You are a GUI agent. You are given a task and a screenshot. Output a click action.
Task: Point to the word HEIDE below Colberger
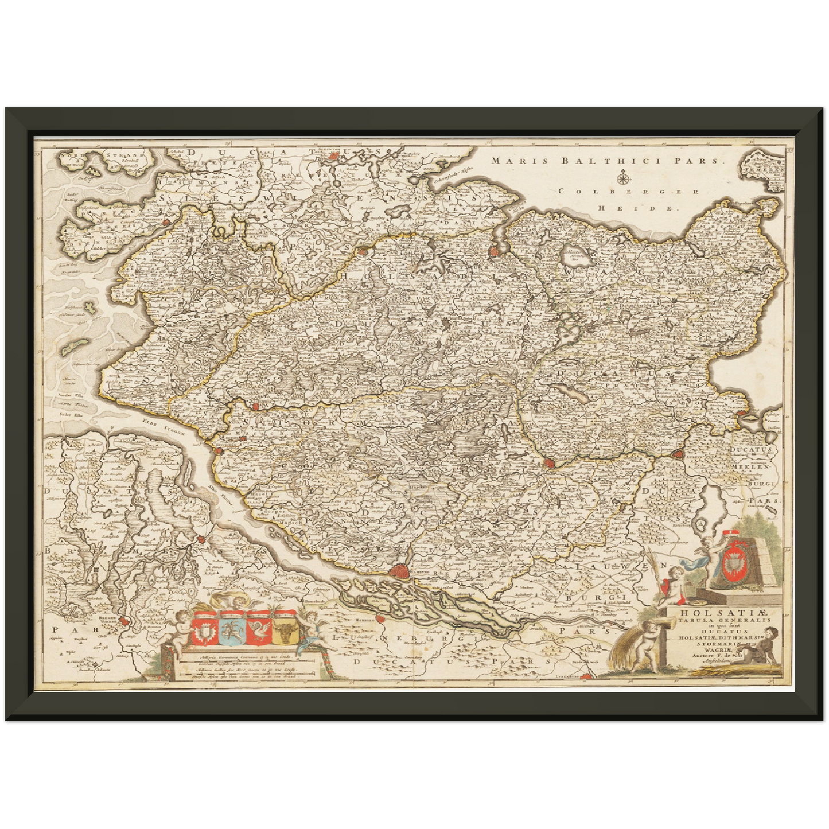tap(637, 209)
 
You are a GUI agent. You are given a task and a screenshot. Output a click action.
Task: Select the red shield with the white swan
tap(257, 629)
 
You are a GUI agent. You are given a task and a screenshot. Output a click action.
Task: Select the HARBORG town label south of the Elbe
tap(365, 620)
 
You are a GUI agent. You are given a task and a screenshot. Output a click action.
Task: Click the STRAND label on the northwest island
tap(122, 155)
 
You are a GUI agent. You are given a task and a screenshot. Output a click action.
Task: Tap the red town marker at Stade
tap(202, 539)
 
